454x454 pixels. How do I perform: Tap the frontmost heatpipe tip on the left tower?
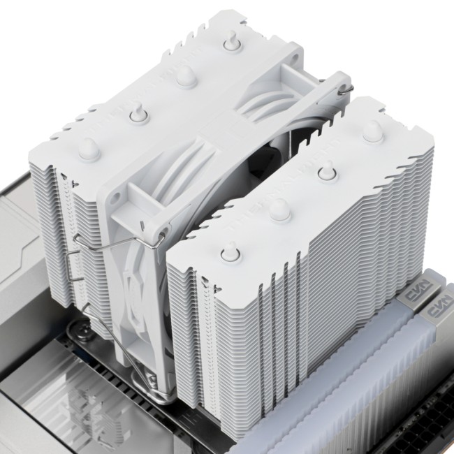click(87, 147)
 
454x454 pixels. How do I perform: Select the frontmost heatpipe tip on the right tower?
click(230, 251)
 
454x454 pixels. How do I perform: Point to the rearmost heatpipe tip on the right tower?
click(372, 129)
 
